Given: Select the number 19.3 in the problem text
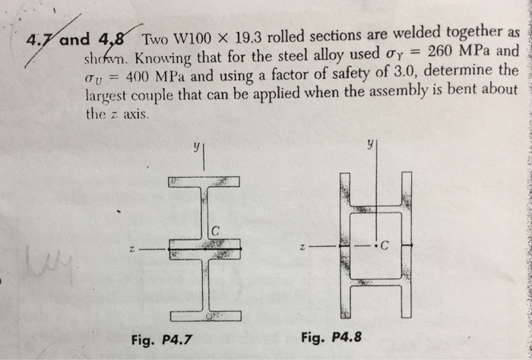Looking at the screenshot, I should click(x=249, y=34).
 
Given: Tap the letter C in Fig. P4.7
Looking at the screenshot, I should click(x=216, y=230).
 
